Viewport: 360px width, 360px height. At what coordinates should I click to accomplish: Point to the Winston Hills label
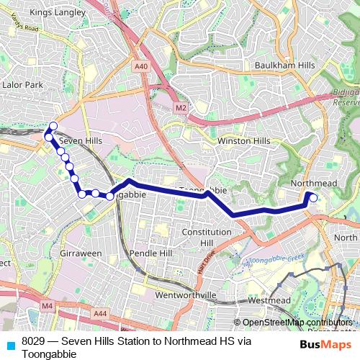tap(243, 141)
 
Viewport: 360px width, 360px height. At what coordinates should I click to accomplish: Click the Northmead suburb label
tap(314, 184)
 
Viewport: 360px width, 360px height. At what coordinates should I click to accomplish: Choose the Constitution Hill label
tap(207, 237)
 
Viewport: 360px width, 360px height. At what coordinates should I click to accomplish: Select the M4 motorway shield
tap(48, 306)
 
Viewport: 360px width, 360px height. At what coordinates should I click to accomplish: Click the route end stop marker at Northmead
tap(312, 196)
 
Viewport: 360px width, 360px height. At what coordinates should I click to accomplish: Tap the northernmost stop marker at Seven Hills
tap(53, 126)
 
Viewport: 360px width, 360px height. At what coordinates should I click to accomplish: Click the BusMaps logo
tap(326, 344)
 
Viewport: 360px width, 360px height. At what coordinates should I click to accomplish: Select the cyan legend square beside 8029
tap(10, 344)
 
